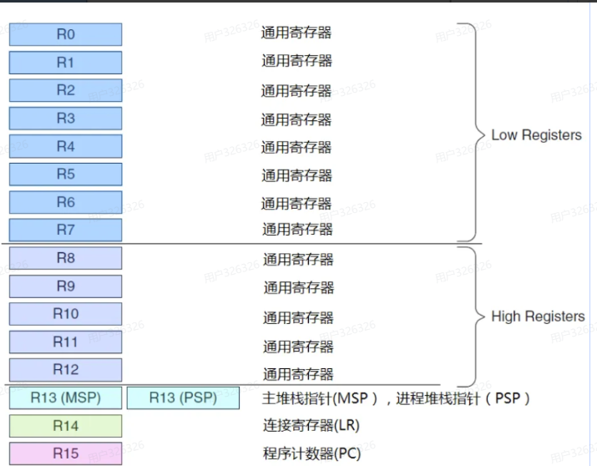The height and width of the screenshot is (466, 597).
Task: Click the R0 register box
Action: [65, 34]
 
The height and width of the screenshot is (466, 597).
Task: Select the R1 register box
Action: [65, 63]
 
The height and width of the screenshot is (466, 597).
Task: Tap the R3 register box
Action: [65, 119]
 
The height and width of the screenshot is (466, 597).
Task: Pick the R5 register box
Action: [65, 175]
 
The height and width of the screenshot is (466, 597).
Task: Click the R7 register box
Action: [65, 230]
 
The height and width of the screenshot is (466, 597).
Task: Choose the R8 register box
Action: [65, 258]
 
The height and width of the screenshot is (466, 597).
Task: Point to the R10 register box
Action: [65, 314]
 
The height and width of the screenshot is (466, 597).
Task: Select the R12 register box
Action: [65, 369]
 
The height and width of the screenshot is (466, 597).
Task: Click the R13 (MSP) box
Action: [65, 398]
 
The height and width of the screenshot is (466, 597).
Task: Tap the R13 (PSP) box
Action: [183, 398]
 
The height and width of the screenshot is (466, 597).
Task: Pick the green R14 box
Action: [65, 426]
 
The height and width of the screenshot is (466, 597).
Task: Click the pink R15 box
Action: [65, 453]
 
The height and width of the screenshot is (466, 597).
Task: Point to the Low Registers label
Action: [536, 135]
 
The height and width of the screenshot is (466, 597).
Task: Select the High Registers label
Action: [538, 317]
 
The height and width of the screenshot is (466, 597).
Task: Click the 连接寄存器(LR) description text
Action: [311, 426]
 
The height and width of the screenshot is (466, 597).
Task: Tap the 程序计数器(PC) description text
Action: [311, 453]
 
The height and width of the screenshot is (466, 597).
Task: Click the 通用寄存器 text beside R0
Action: [296, 33]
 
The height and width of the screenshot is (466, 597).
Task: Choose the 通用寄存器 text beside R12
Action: [298, 373]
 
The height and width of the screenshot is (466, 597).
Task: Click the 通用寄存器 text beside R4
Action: [296, 147]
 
